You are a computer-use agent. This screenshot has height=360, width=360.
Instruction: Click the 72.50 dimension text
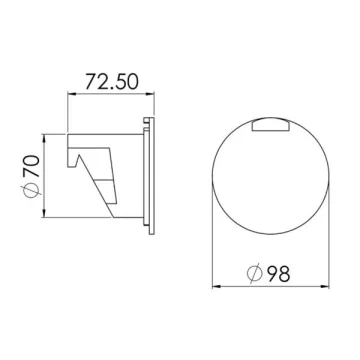click(112, 82)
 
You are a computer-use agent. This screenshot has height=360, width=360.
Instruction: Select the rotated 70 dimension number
click(32, 166)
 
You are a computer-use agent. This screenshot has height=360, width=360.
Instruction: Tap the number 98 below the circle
click(279, 273)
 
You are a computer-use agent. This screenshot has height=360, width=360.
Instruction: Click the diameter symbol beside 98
click(255, 273)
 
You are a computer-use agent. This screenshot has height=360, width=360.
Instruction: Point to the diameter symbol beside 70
click(33, 191)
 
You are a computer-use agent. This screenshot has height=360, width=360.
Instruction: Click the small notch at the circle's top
click(270, 125)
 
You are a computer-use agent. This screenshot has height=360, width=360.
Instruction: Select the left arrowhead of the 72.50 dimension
click(70, 94)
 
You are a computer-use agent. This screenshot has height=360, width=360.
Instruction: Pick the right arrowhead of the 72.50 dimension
click(152, 94)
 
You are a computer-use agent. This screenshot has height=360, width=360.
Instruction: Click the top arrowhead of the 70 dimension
click(44, 138)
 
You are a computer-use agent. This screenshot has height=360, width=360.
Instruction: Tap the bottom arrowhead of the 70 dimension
click(44, 214)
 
